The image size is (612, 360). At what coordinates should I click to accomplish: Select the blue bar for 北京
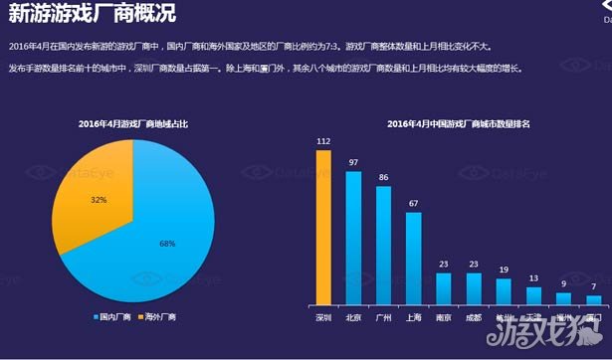tap(353, 238)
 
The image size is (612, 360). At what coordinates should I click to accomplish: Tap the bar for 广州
tap(383, 245)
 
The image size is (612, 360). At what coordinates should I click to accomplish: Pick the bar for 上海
tap(413, 258)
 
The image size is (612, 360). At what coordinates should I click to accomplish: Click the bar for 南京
tap(444, 288)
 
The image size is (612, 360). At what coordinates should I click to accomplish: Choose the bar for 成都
tap(474, 288)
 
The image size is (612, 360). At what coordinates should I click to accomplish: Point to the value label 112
tap(323, 141)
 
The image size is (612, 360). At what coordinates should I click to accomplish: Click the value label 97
tap(353, 162)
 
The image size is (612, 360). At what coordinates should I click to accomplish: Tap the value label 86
tap(383, 177)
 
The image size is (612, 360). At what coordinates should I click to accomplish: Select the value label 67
tap(413, 203)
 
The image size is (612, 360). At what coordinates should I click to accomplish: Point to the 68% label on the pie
tap(167, 244)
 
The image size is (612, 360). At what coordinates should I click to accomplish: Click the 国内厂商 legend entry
tap(111, 317)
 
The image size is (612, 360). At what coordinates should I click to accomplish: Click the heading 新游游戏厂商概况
tap(86, 17)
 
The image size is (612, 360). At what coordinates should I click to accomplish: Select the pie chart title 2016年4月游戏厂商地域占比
tap(133, 123)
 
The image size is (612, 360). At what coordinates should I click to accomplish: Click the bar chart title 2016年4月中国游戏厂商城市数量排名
tap(459, 123)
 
